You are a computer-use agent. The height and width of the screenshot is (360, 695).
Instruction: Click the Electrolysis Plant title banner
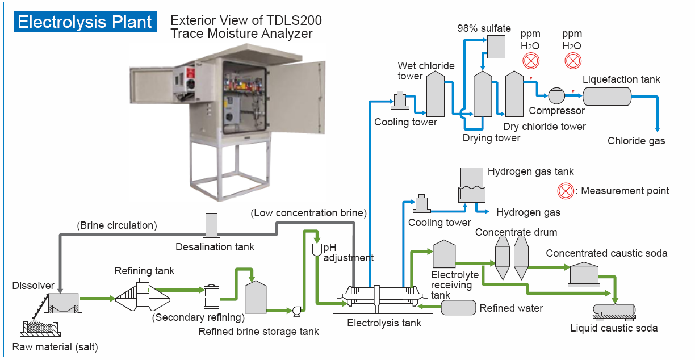[85, 22]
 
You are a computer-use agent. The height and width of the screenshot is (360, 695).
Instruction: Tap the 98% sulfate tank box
[496, 47]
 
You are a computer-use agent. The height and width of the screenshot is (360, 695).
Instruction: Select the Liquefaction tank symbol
[607, 97]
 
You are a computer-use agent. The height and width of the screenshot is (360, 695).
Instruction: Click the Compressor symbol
[556, 96]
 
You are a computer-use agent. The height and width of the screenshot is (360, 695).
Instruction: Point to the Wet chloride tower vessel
[435, 95]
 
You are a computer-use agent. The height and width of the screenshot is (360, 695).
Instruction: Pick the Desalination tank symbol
[211, 225]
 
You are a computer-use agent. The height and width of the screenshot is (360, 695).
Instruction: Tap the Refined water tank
[458, 307]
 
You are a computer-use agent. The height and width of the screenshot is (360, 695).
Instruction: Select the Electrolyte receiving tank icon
[444, 254]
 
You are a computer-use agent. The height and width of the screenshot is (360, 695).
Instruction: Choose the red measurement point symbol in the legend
[565, 191]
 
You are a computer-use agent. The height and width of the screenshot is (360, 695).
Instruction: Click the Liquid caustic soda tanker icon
[614, 311]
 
